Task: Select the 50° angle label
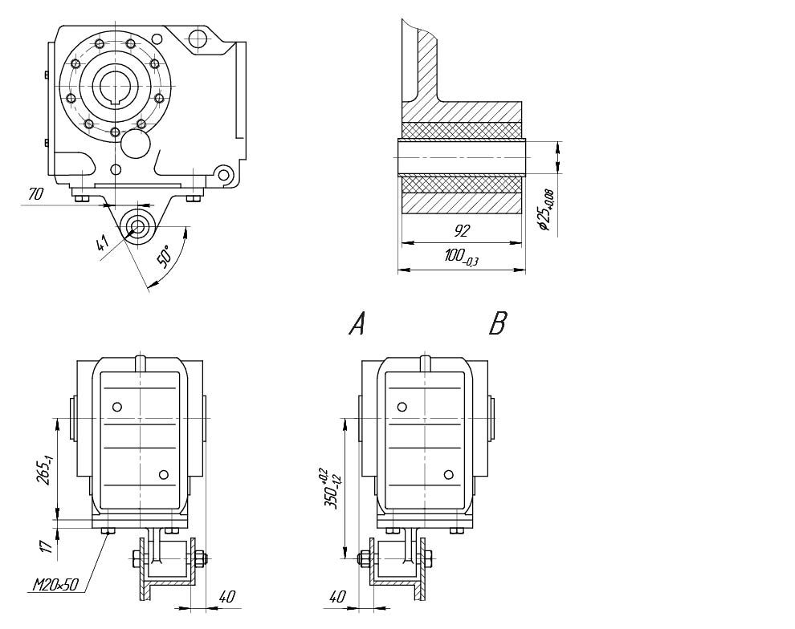tap(163, 256)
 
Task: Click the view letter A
tap(357, 324)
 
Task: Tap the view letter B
tap(498, 324)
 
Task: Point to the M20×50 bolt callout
tap(55, 585)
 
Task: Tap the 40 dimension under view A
tap(226, 597)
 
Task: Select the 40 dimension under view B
tap(336, 597)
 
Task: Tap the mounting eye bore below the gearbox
tap(137, 225)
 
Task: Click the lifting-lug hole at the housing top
tap(196, 38)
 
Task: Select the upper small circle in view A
tap(118, 407)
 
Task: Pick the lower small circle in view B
tap(449, 475)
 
